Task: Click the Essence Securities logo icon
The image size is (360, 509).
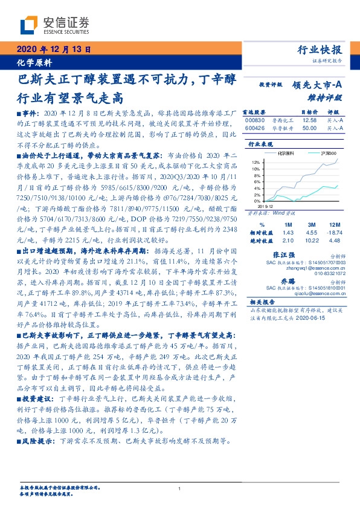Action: click(x=29, y=25)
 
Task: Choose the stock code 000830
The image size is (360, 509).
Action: click(x=254, y=120)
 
